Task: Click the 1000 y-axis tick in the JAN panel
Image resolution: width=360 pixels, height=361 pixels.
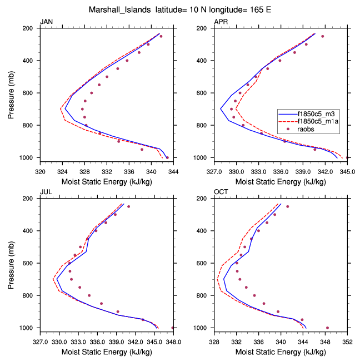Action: click(x=28, y=158)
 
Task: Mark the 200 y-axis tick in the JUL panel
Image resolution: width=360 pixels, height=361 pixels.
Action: click(x=29, y=199)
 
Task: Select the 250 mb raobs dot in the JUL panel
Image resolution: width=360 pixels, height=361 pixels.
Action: click(x=128, y=206)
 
